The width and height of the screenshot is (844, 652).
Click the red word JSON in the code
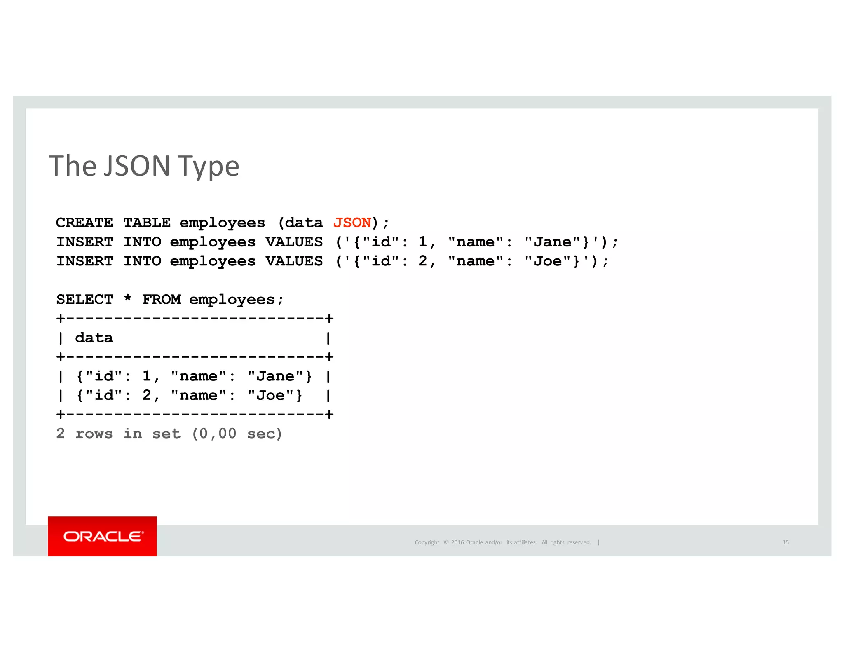click(352, 223)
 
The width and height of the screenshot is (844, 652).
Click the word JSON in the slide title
click(137, 166)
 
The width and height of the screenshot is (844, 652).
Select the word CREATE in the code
click(84, 223)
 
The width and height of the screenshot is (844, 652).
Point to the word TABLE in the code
click(147, 223)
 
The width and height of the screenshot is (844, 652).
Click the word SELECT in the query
click(84, 300)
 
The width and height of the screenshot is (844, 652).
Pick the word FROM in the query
click(162, 300)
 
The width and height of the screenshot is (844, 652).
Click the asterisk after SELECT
click(128, 298)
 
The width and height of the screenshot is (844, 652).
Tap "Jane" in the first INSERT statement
click(553, 242)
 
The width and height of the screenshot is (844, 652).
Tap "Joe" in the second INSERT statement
click(548, 261)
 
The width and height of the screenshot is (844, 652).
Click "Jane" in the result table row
click(275, 376)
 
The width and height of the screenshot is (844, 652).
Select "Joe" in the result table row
click(271, 396)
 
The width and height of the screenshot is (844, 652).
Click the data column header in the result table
click(94, 338)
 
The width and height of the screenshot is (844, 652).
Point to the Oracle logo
click(102, 536)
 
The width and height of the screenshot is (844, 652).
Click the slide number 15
click(785, 542)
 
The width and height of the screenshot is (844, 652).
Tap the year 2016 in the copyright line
click(457, 542)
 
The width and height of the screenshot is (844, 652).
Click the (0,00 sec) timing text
click(237, 434)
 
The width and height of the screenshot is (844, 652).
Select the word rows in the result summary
click(94, 434)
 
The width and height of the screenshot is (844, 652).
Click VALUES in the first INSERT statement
click(294, 242)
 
